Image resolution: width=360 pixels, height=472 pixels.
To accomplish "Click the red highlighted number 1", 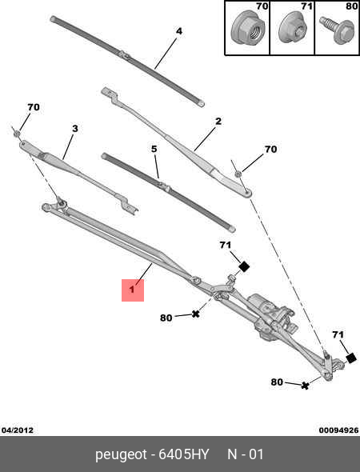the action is tap(133, 290).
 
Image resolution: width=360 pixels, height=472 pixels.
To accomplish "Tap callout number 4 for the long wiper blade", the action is tap(179, 31).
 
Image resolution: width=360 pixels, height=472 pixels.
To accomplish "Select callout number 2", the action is tap(218, 122).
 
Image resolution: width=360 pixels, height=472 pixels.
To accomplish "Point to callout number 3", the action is tap(75, 129).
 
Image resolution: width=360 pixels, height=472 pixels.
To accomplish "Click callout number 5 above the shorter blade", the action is tap(154, 149).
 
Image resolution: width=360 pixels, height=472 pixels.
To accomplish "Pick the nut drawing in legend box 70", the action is tap(248, 28).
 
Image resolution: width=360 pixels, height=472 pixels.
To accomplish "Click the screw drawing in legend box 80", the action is tap(337, 30).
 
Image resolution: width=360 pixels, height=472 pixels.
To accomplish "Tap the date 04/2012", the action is tap(18, 430).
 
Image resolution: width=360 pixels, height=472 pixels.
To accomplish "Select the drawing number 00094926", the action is tap(339, 430).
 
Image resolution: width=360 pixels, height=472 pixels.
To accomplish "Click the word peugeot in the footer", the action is tap(121, 455).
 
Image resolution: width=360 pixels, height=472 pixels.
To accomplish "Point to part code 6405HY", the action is tap(184, 454).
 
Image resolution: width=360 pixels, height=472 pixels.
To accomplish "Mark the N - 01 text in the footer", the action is tap(246, 454).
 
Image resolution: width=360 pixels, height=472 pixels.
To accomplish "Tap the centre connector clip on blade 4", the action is tap(126, 55).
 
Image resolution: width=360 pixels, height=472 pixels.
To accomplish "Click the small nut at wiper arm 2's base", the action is tap(238, 174).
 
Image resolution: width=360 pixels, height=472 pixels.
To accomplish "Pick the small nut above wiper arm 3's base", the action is tap(18, 133).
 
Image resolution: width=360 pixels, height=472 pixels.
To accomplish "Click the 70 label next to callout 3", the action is tap(34, 107).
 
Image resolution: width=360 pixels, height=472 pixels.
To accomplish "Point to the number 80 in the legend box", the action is tap(351, 6).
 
